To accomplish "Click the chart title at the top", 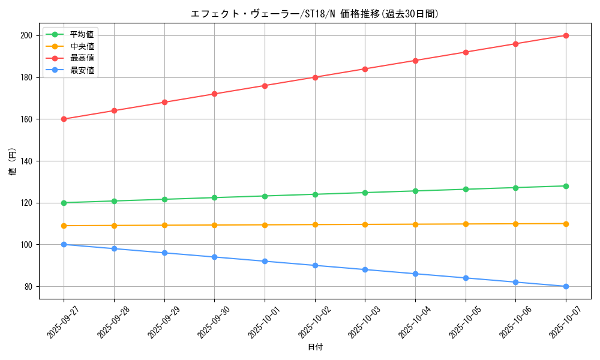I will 314,14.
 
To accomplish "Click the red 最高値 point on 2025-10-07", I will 566,35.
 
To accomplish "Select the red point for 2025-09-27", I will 64,119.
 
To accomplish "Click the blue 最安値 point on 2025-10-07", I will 566,286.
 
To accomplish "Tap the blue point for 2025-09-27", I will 64,244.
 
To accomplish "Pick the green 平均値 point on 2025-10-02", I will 315,194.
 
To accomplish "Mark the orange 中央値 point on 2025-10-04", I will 415,224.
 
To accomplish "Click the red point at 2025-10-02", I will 315,77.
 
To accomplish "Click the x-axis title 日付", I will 314,347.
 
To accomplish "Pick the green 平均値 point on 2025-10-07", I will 566,186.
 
